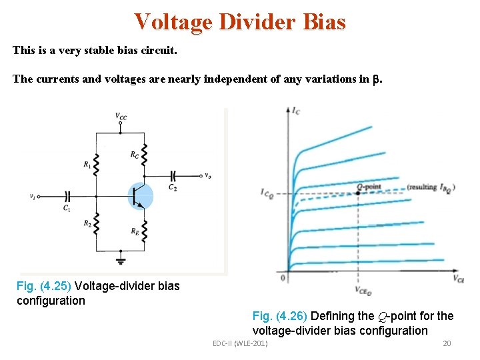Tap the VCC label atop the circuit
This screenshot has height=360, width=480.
coord(121,117)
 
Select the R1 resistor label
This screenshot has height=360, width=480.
coord(88,164)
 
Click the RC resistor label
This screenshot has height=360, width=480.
coord(135,155)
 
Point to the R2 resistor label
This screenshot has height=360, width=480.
coord(88,223)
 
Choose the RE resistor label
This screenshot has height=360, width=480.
coord(135,231)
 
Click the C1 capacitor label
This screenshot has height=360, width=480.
coord(67,208)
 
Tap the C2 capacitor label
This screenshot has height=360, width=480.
coord(172,187)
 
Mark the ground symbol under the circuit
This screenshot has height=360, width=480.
coord(121,260)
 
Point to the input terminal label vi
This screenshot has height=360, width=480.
coord(32,196)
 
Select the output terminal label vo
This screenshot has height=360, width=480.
coord(208,176)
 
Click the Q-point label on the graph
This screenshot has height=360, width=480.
coord(369,186)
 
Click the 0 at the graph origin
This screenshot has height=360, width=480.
coord(283,277)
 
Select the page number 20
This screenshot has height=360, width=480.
coord(447,343)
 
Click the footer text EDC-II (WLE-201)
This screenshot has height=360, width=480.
coord(240,343)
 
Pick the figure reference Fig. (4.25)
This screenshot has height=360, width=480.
coord(44,286)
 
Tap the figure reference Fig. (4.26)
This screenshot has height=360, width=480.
coord(280,316)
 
